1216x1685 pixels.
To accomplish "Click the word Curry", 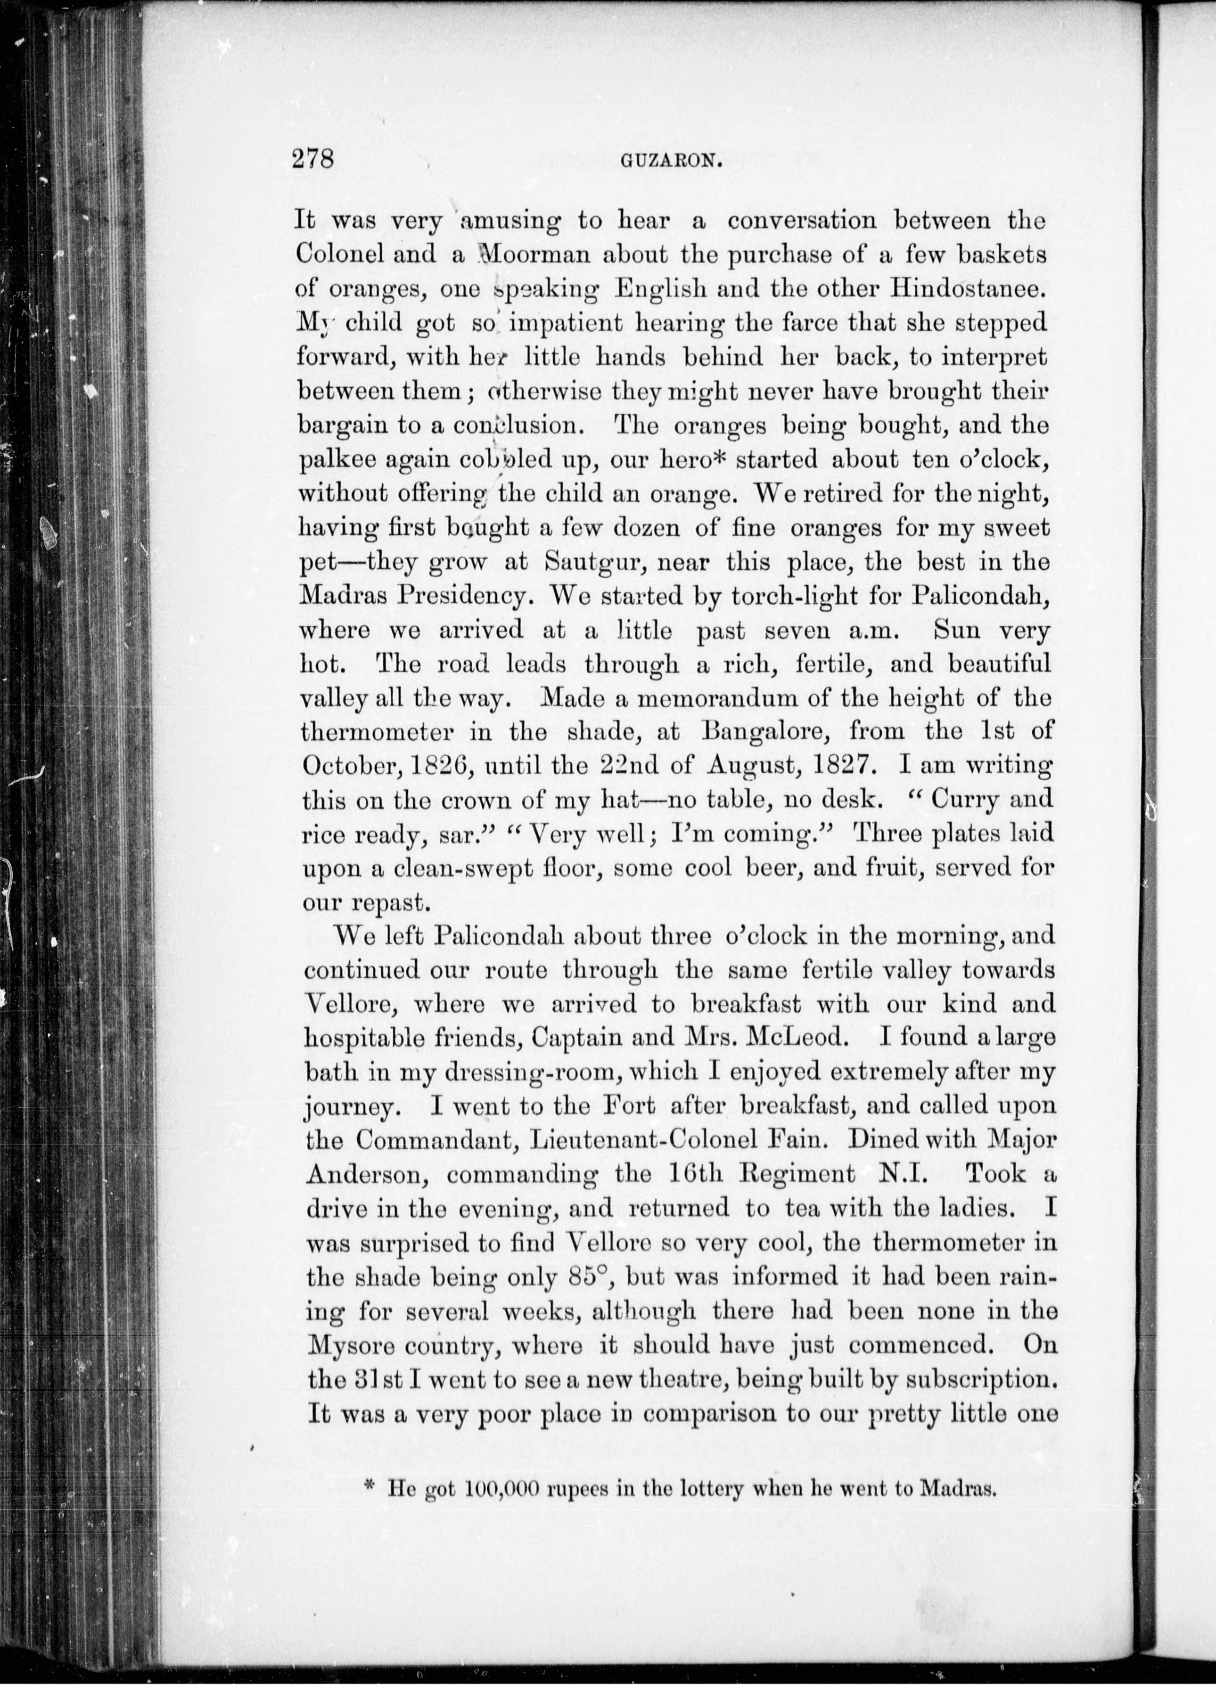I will click(955, 800).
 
